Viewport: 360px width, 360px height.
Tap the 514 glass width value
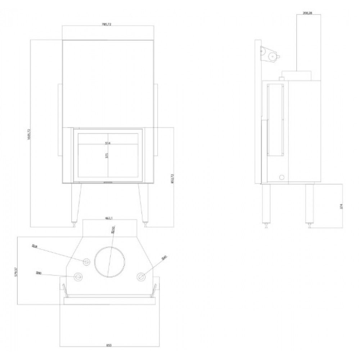tap(107, 143)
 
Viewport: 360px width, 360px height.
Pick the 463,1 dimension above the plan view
tap(109, 218)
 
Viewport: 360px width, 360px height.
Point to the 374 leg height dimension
tap(341, 206)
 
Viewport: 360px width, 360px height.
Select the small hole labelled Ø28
tap(86, 262)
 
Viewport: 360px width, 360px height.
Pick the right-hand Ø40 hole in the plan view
tap(141, 276)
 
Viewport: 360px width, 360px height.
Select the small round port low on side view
tap(282, 177)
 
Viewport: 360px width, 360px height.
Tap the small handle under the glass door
tap(107, 183)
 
